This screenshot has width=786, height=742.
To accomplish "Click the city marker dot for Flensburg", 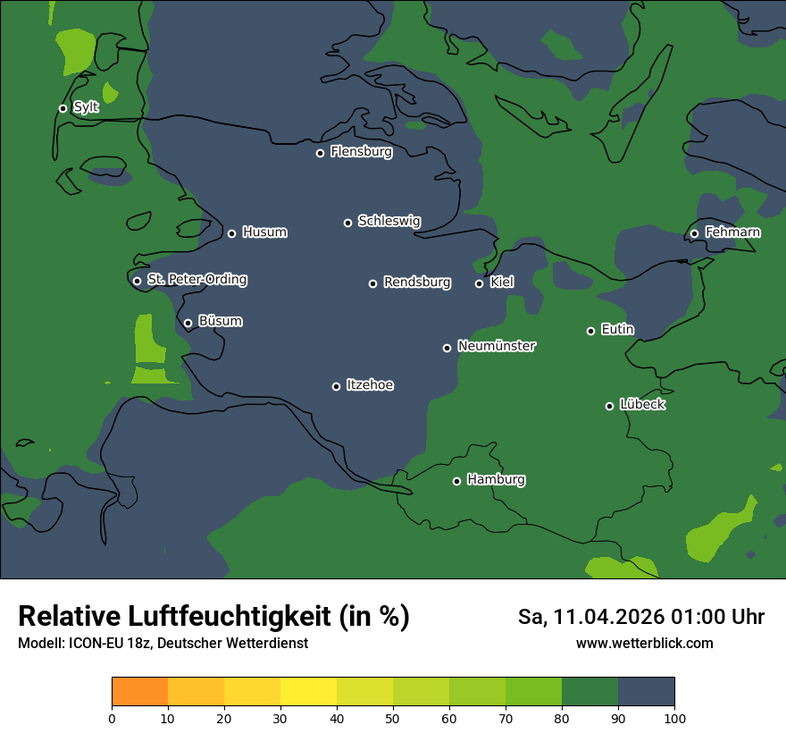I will (x=320, y=153).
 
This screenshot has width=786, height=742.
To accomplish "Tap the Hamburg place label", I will (x=496, y=480).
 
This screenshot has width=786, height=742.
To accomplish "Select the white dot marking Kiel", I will (x=479, y=283).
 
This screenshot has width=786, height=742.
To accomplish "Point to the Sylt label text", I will (x=86, y=107).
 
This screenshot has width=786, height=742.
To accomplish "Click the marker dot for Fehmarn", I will (x=694, y=233).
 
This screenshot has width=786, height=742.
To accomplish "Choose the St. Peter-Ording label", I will (x=196, y=280).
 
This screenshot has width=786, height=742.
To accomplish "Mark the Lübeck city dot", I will (x=609, y=406).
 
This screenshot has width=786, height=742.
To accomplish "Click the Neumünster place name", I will (x=497, y=346).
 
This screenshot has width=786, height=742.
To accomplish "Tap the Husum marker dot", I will (x=231, y=233).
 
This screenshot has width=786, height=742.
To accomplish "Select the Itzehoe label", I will (x=370, y=385).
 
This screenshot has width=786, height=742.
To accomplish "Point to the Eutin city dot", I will (x=590, y=331).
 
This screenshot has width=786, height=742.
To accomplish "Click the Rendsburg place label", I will (x=417, y=282).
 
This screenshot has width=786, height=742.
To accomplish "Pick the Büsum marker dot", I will (x=188, y=324).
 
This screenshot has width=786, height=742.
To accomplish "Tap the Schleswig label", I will (x=389, y=221).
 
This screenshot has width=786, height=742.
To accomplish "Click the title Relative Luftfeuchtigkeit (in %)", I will (x=213, y=616).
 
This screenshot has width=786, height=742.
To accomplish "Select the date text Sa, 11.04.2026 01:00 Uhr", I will (x=641, y=617).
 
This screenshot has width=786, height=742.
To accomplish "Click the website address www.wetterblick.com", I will (x=644, y=643).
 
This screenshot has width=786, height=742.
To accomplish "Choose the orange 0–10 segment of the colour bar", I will (x=140, y=692).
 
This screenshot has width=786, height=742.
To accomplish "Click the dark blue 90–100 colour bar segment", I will (x=646, y=692).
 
